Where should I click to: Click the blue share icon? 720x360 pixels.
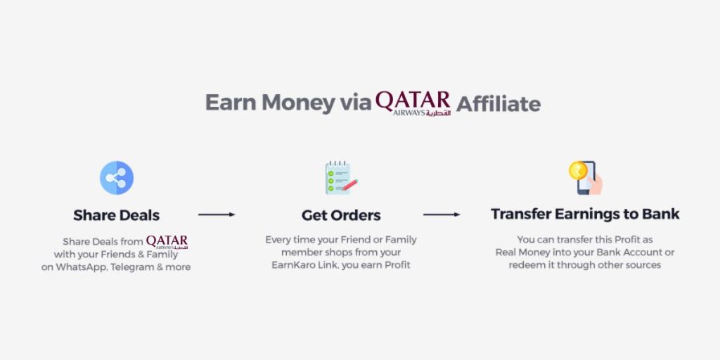[117, 178]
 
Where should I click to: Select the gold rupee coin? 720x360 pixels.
[578, 170]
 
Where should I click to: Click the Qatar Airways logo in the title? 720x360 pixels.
[413, 103]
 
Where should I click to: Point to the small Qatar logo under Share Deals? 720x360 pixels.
[167, 242]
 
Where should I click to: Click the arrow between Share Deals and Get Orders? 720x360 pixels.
[217, 214]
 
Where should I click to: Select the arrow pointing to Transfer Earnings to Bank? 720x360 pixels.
[442, 214]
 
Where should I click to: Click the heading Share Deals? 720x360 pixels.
[117, 215]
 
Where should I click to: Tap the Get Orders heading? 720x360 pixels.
[341, 215]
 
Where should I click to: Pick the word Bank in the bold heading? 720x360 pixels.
[661, 214]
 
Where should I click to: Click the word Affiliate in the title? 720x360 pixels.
[499, 104]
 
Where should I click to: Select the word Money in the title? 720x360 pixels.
[298, 103]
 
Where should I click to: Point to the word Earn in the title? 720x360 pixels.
[231, 103]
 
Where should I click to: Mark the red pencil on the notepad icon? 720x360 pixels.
[350, 185]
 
